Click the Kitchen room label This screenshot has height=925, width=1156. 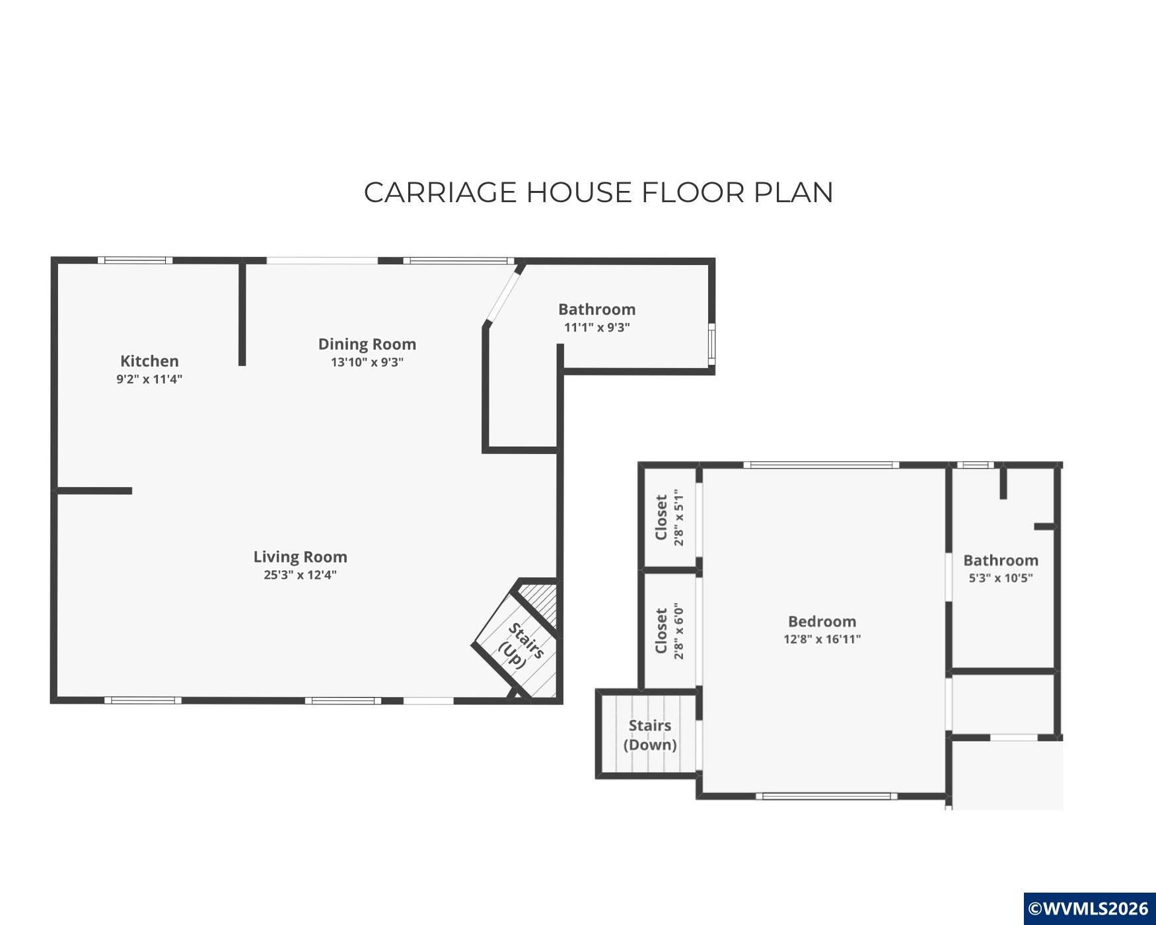coord(149,361)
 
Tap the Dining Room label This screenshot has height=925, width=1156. coord(367,344)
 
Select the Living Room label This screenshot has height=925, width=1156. coord(301,557)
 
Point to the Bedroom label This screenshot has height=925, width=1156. coord(822,622)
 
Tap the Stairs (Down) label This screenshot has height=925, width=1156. coord(650,735)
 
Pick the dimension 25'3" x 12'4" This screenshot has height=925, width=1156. coord(301,575)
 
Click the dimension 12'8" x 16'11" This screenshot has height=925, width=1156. coord(822,639)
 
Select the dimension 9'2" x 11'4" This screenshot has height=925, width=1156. coord(149,379)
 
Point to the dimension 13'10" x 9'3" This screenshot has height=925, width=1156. coord(367,362)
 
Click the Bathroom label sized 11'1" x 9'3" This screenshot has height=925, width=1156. coord(597,309)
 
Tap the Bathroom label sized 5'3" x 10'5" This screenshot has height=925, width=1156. coord(1001,560)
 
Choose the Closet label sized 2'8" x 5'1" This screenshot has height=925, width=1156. coord(661,517)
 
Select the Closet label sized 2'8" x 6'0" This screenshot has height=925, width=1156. coord(661,630)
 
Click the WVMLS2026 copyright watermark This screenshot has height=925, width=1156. coord(1089,908)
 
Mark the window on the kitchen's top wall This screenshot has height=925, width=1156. coord(135,260)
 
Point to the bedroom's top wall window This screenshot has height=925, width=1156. coord(822,465)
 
